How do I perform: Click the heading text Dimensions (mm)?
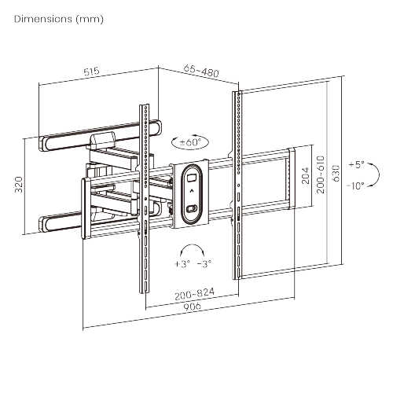[x=58, y=18]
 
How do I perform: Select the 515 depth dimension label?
[x=90, y=71]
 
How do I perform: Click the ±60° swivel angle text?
[x=189, y=142]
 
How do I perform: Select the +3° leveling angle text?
[x=182, y=263]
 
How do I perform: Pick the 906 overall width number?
[x=191, y=307]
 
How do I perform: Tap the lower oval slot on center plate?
[x=192, y=208]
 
